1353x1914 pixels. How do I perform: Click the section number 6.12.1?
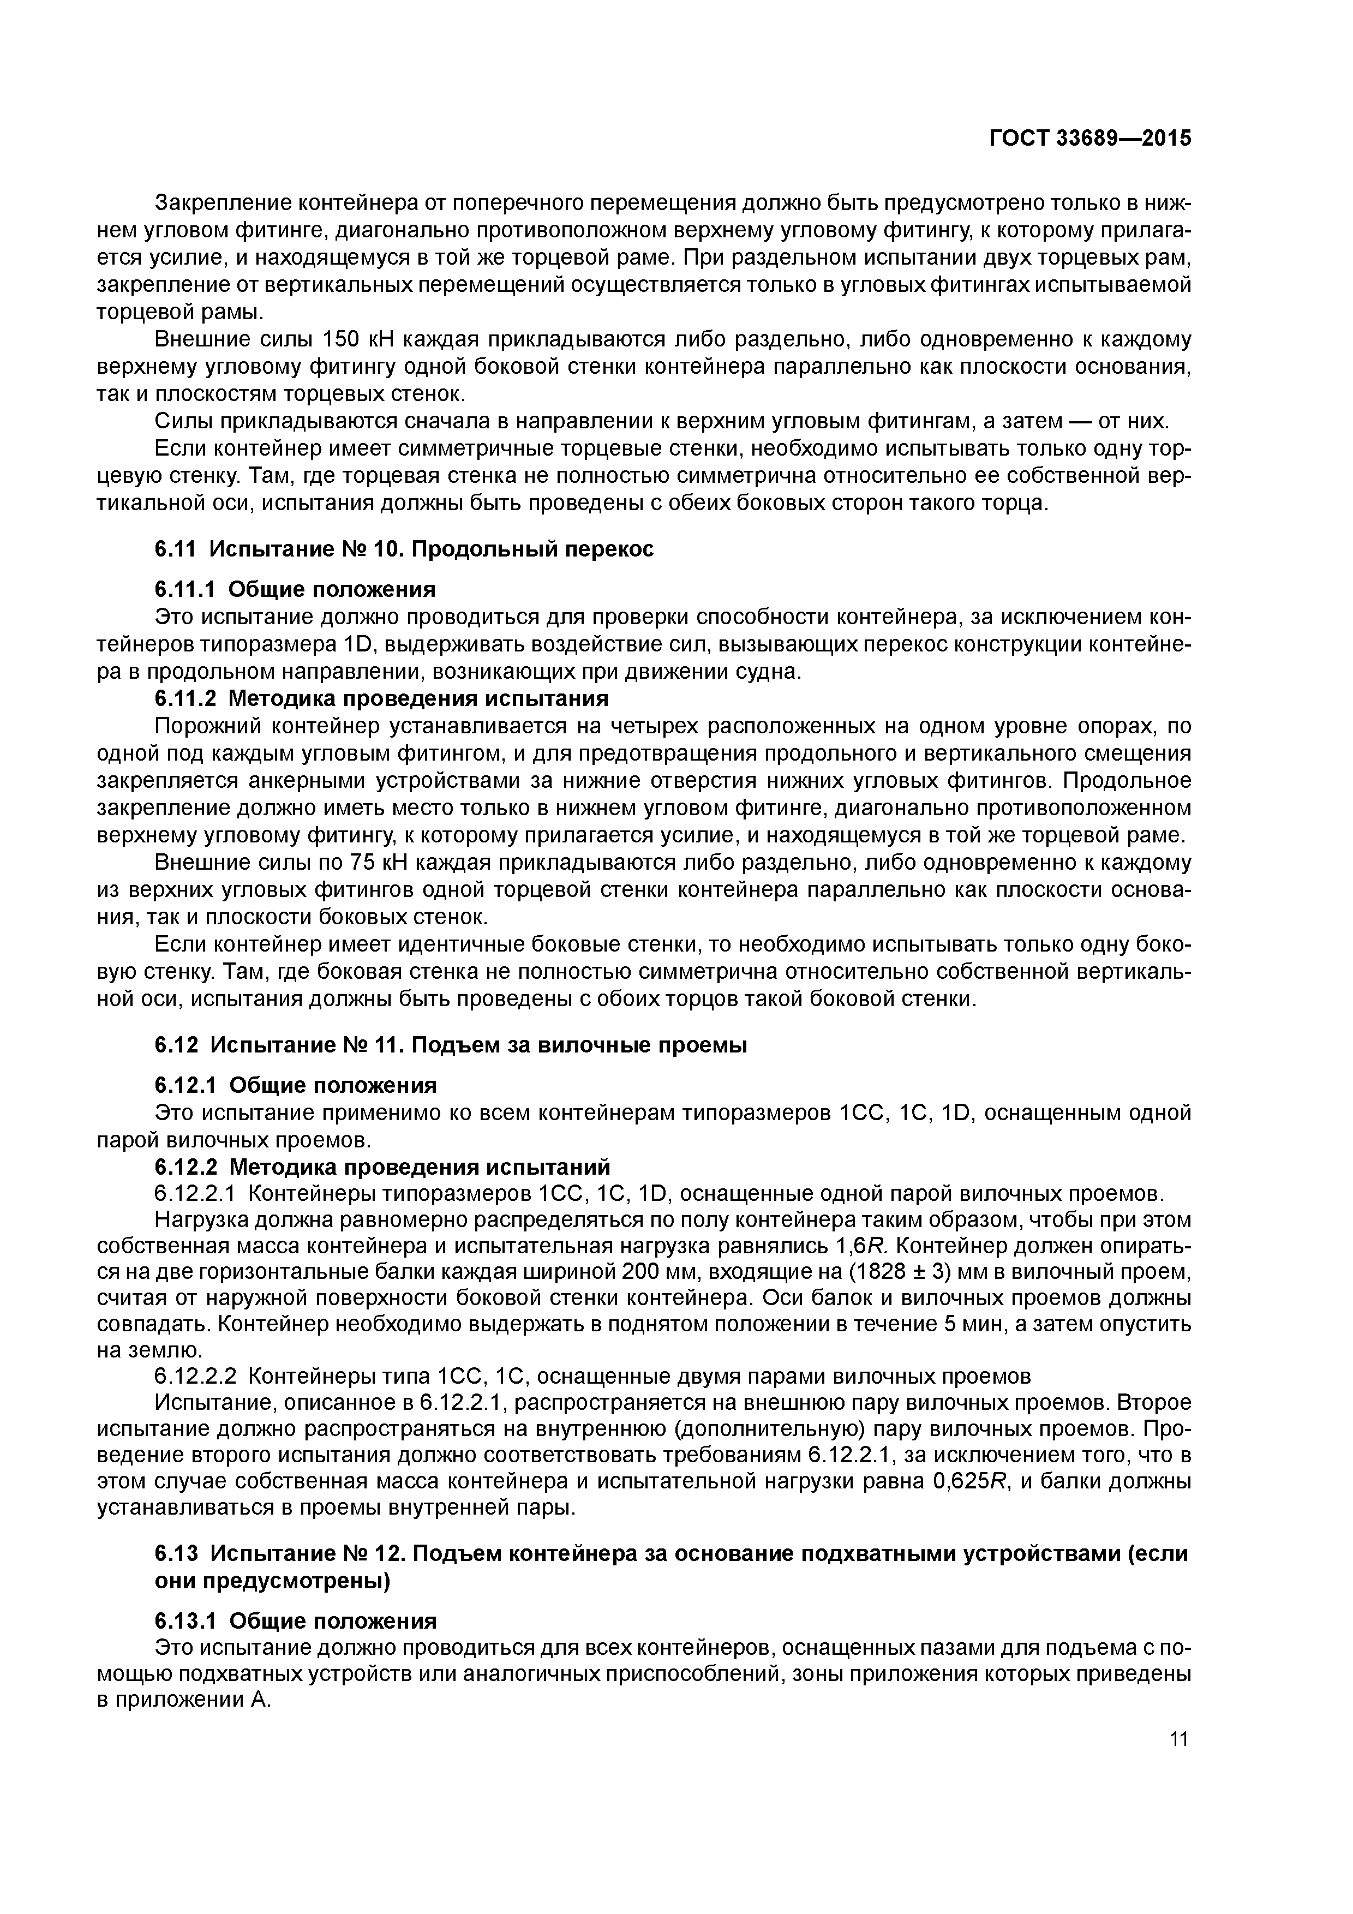pyautogui.click(x=184, y=1085)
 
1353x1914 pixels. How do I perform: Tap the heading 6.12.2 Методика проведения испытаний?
pyautogui.click(x=382, y=1166)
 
